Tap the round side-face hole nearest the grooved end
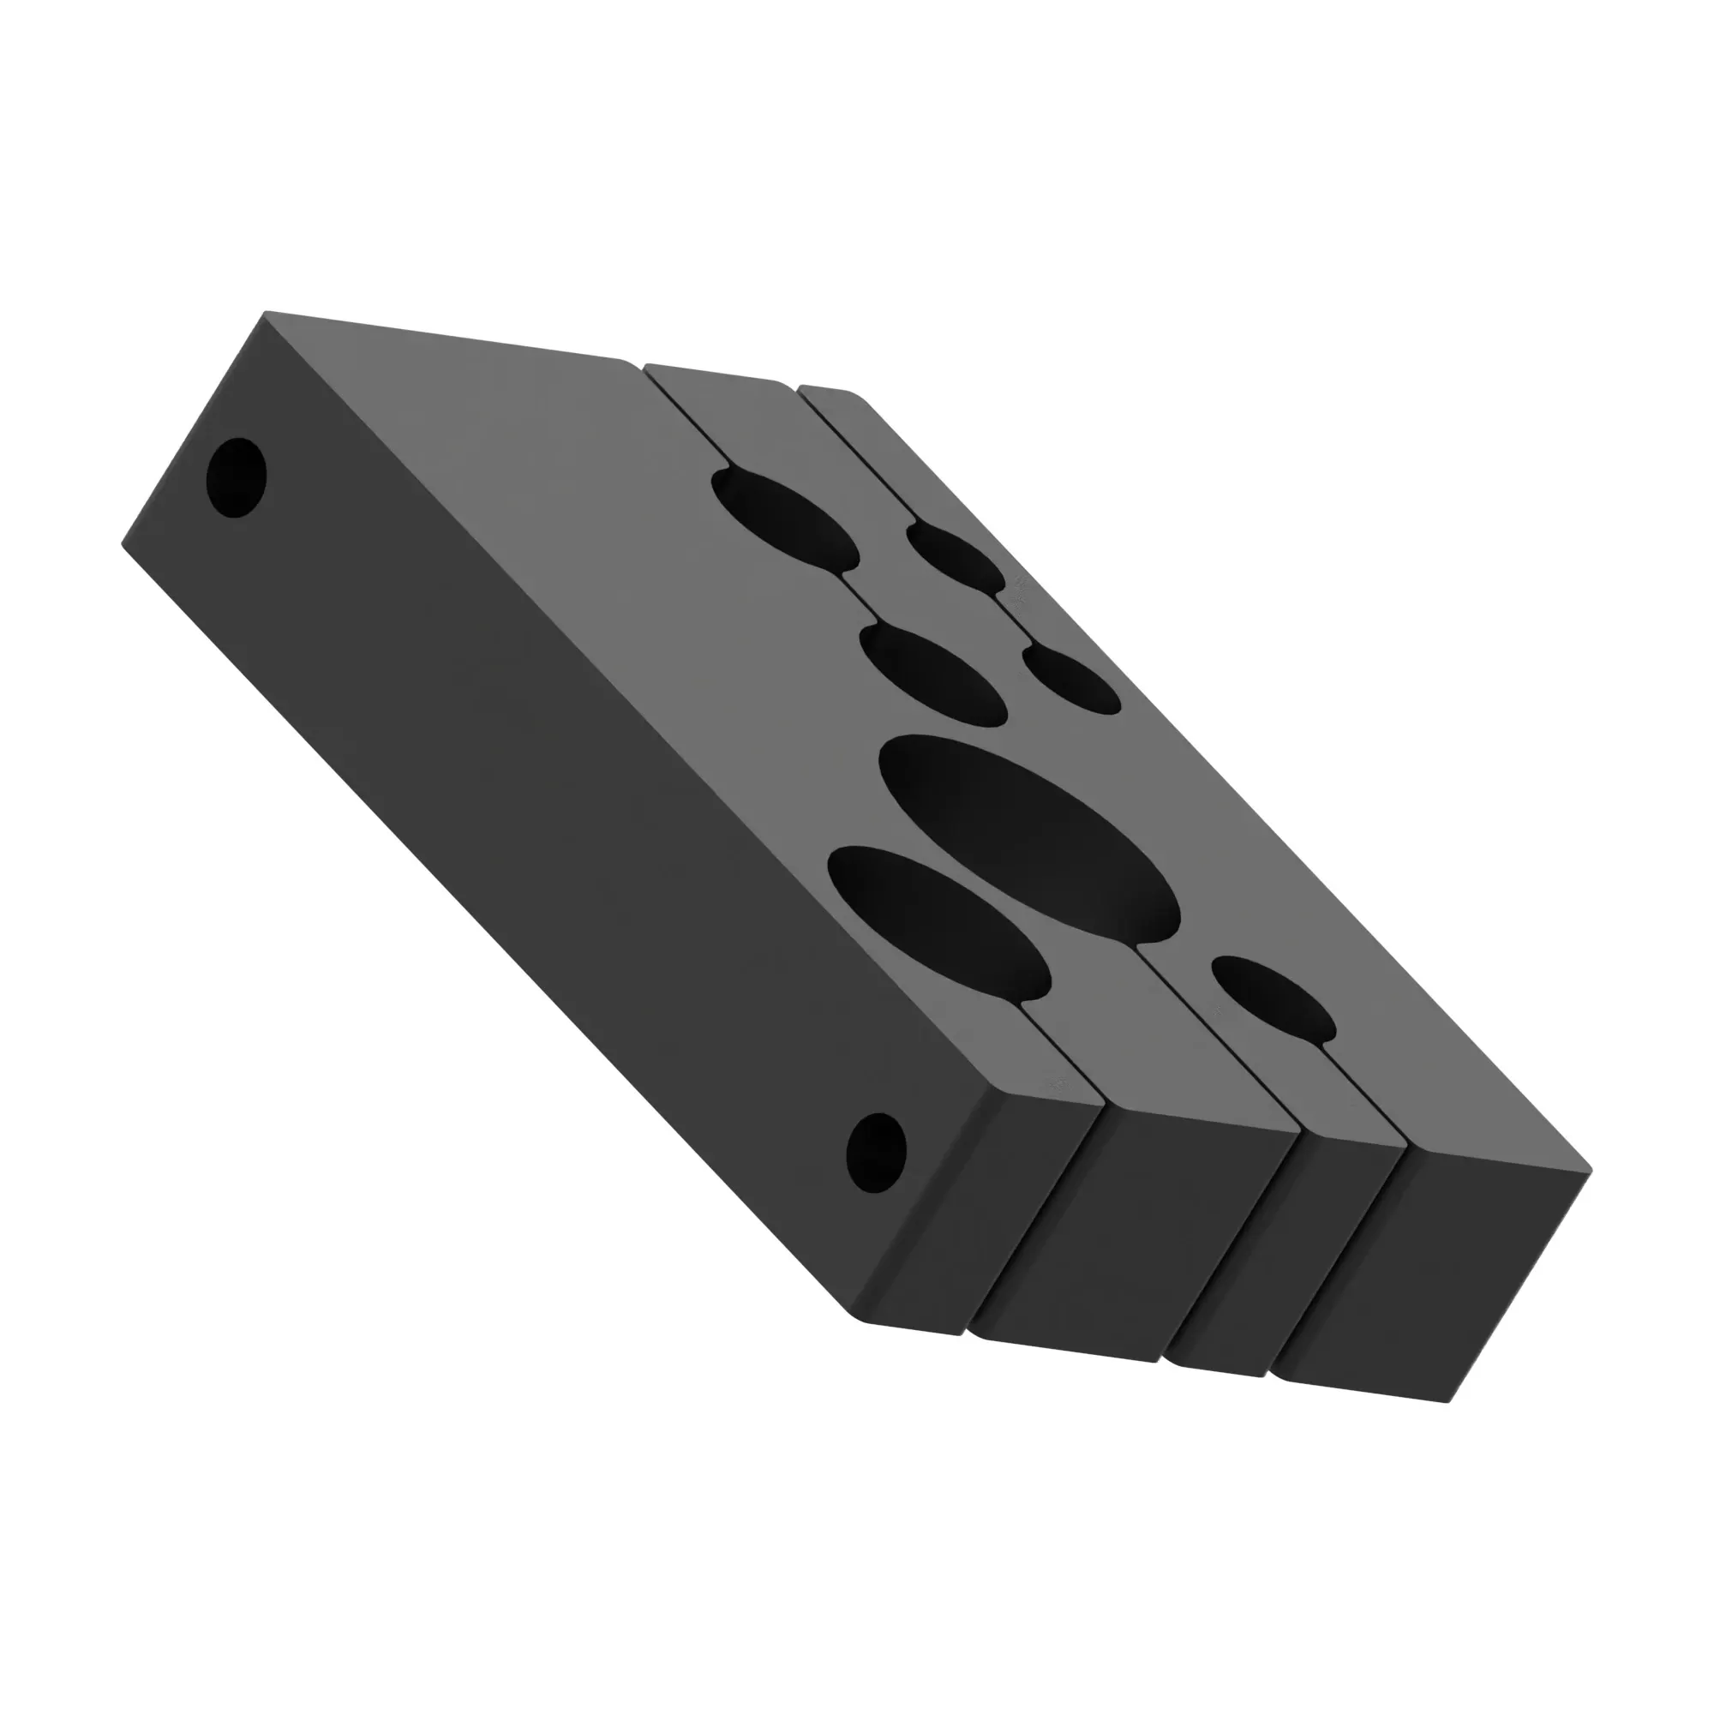[877, 1154]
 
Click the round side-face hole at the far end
[236, 478]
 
